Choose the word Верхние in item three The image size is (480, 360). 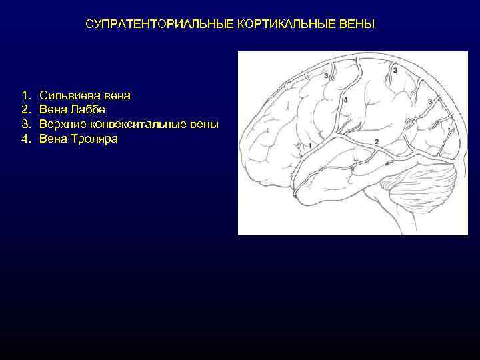pos(61,125)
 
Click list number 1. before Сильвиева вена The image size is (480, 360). pos(25,95)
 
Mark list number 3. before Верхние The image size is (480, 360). pos(25,125)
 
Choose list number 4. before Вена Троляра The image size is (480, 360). pos(25,139)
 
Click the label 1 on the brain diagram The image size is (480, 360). pos(311,144)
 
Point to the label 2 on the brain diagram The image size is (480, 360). pos(377,141)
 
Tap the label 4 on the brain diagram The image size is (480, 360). pos(345,99)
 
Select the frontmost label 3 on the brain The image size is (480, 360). pos(325,77)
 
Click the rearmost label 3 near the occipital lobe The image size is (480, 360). pos(430,101)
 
